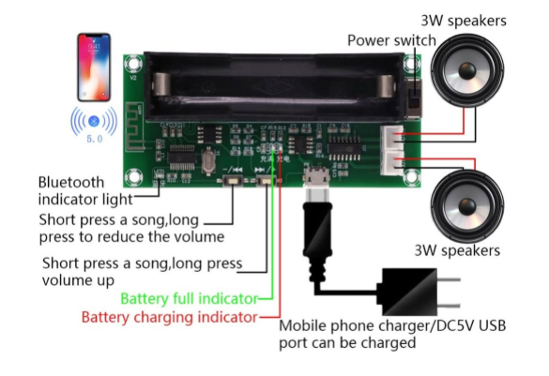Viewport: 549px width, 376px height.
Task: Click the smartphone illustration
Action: pos(94,68)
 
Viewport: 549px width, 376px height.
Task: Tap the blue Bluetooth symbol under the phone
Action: pos(94,121)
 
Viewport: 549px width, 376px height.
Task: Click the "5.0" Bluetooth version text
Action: pos(95,139)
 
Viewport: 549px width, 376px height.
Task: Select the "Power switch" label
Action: pos(391,40)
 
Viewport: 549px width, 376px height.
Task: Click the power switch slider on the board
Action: pos(415,98)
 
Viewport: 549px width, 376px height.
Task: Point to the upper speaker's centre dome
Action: pos(467,71)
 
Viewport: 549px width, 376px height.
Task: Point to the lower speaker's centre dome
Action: pos(467,206)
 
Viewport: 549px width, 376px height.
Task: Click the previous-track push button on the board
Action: pos(233,181)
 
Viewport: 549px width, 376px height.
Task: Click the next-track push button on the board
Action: pos(266,181)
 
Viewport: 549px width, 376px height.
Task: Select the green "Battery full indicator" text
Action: pos(189,299)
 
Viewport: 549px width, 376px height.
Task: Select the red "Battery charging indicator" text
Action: pos(170,318)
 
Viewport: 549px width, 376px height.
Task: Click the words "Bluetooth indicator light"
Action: pos(85,191)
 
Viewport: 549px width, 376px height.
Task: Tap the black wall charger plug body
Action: pos(409,292)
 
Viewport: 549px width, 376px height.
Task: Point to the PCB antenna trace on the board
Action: pos(134,126)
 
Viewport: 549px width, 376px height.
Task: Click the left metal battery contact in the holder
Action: pos(160,84)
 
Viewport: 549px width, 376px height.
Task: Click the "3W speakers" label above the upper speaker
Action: pos(464,21)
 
